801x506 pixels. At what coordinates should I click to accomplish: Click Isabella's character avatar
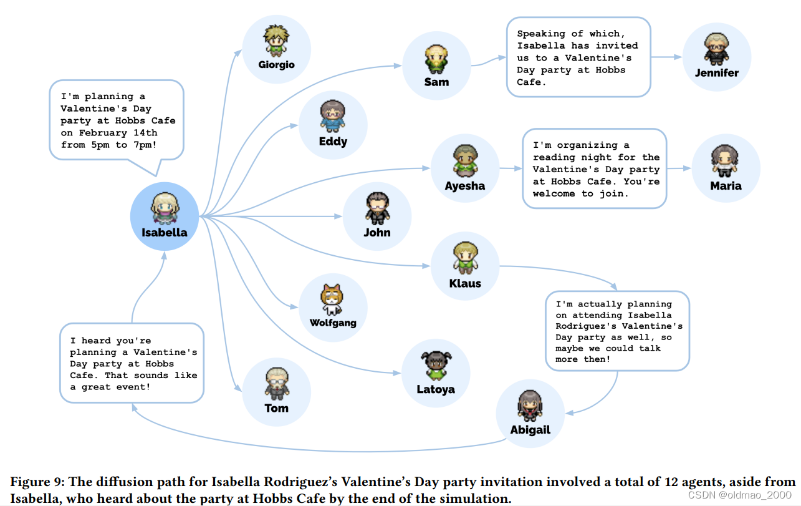[164, 208]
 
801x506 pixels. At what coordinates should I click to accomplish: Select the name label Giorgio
[277, 65]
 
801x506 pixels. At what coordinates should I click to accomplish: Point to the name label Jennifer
[717, 73]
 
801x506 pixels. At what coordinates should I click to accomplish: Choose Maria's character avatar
[725, 162]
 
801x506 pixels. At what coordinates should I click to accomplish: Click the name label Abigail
[530, 430]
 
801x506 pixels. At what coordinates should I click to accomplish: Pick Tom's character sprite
[276, 383]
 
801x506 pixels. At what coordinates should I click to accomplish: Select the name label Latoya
[436, 390]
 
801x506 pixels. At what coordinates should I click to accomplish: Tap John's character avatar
[377, 208]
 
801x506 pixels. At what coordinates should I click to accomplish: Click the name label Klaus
[465, 284]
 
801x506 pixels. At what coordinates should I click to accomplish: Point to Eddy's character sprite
[333, 117]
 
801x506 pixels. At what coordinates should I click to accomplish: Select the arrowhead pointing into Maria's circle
[688, 168]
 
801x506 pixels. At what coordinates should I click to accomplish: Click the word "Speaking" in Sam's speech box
[540, 34]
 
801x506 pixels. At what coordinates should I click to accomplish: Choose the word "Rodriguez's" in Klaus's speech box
[585, 326]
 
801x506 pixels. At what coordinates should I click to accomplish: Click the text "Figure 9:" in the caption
[37, 482]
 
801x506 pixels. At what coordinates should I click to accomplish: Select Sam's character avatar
[436, 60]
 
